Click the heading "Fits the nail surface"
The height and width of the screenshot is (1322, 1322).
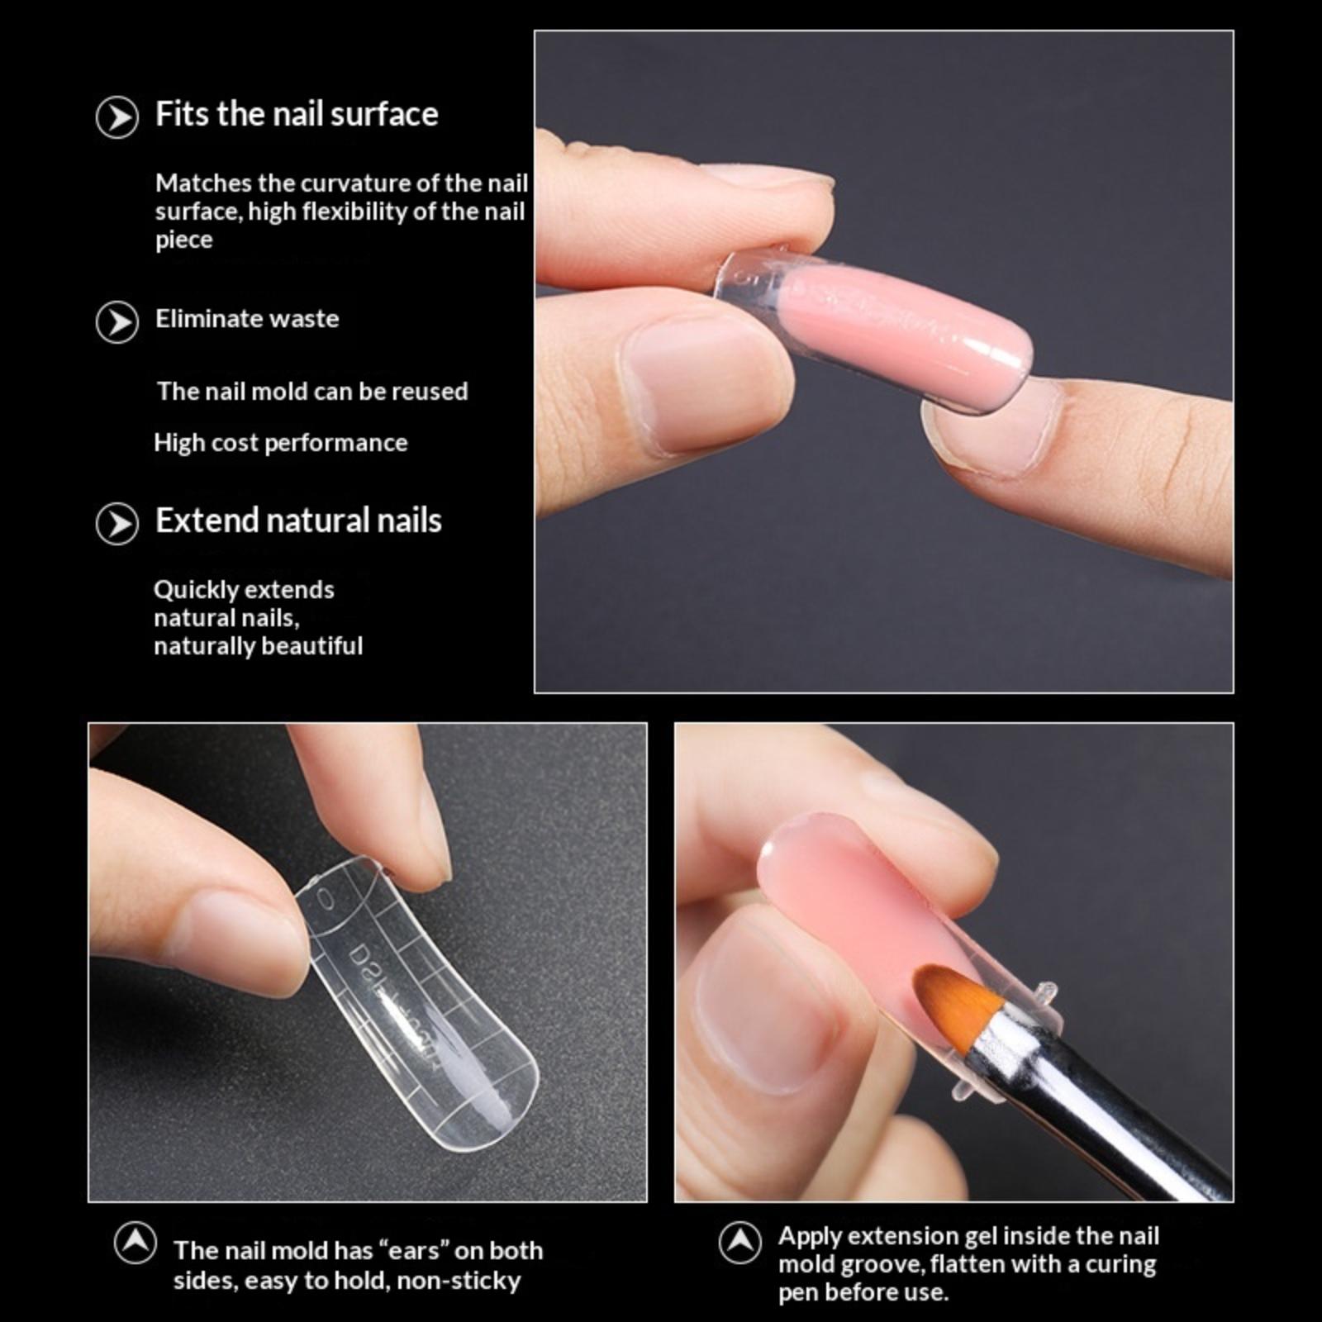tap(297, 114)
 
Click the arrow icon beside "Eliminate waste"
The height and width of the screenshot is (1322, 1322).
tap(117, 322)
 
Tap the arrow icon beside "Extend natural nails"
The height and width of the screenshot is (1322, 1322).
tap(117, 524)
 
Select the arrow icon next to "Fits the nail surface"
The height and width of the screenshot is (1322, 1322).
tap(117, 118)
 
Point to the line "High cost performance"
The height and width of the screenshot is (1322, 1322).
tap(281, 443)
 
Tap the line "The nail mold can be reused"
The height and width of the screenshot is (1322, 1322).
tap(312, 391)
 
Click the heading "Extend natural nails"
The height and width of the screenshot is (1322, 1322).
tap(298, 521)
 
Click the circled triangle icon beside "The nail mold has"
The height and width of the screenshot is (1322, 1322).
tap(136, 1242)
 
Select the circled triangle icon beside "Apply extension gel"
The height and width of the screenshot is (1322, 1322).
tap(739, 1242)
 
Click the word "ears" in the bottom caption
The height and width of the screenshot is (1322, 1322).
tap(416, 1251)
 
